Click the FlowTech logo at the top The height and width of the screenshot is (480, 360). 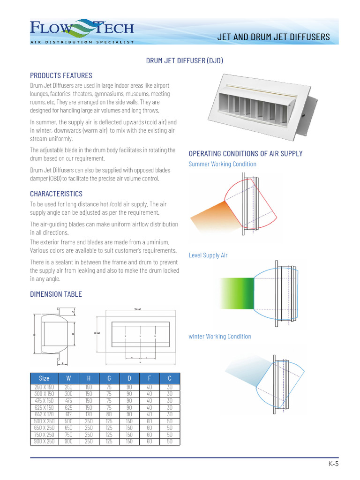(82, 31)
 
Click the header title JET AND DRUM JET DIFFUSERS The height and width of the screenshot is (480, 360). (274, 37)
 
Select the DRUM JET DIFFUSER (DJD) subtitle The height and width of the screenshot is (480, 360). (185, 61)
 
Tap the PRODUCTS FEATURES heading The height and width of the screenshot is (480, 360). (61, 75)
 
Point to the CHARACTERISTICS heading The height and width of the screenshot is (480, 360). (56, 194)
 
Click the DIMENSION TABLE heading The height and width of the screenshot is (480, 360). (56, 294)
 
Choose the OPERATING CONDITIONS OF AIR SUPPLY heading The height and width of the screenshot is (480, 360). (245, 154)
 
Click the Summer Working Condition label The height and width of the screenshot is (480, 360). (222, 164)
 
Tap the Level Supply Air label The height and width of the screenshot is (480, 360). (208, 255)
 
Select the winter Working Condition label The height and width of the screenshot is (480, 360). (219, 337)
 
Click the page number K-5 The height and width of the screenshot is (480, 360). (333, 464)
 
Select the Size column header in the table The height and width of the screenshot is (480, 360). (44, 378)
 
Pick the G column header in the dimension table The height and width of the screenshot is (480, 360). (109, 378)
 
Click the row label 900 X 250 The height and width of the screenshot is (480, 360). (44, 441)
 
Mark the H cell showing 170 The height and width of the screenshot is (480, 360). (89, 414)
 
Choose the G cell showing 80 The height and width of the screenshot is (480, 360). (109, 414)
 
